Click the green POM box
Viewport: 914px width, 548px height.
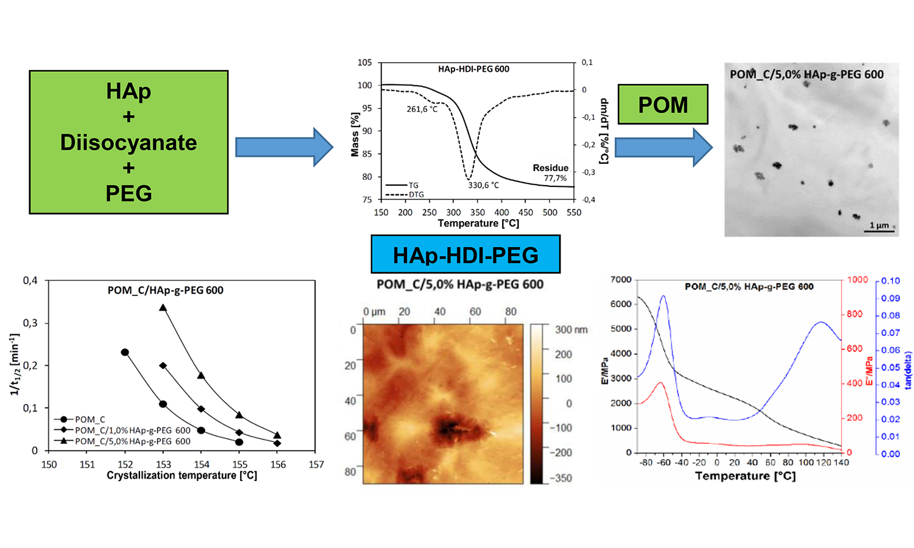663,105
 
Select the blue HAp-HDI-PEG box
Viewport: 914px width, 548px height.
466,255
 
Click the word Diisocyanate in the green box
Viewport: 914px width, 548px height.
129,142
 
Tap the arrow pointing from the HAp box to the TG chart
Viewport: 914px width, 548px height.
283,147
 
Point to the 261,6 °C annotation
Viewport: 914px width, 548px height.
422,109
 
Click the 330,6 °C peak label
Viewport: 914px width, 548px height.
483,185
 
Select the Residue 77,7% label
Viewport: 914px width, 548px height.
551,172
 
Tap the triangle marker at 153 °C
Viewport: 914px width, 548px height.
163,308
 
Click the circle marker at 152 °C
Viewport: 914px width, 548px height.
125,353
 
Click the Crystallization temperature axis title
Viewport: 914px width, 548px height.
182,476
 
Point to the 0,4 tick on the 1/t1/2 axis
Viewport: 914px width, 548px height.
30,281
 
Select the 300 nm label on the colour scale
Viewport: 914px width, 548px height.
571,329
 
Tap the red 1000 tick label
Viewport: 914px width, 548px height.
857,279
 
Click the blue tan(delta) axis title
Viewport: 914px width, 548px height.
908,370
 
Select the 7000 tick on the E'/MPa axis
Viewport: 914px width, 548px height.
621,279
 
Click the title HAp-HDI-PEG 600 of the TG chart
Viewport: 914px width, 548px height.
473,69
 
